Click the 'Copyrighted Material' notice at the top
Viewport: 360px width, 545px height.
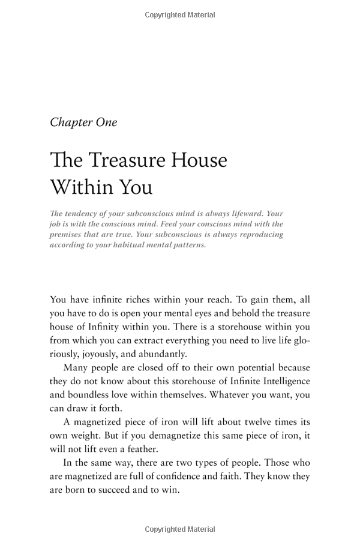180,15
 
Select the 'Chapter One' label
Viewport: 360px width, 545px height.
83,122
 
